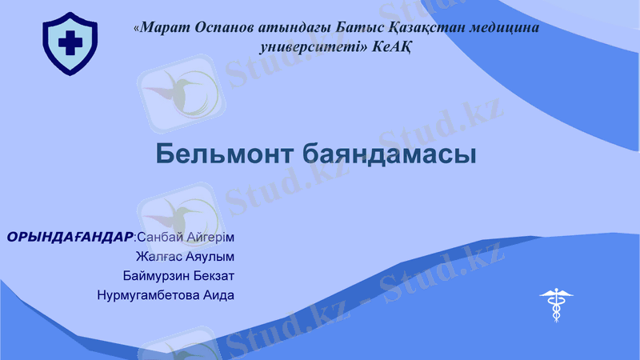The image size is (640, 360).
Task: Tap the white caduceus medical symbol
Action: [556, 305]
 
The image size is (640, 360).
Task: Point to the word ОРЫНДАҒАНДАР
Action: [70, 238]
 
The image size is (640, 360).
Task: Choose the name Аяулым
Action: [212, 257]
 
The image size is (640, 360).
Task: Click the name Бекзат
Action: [214, 276]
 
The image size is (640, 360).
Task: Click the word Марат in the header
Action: [165, 27]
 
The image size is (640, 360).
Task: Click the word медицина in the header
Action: [504, 27]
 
